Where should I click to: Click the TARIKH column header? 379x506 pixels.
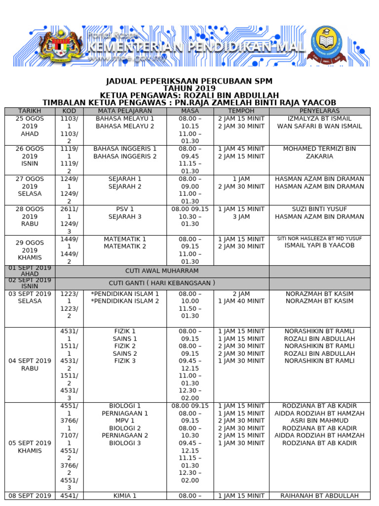[x=30, y=111]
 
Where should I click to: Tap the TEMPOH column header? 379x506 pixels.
[x=242, y=111]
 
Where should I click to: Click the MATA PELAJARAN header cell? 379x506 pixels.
[x=125, y=111]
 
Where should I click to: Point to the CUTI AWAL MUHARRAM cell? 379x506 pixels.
[x=162, y=271]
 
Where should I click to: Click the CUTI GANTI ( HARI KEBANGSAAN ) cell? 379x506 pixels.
[x=162, y=283]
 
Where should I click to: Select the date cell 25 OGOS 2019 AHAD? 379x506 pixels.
[x=30, y=126]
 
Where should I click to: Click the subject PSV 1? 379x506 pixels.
[x=125, y=209]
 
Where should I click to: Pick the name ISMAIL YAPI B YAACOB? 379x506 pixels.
[x=319, y=246]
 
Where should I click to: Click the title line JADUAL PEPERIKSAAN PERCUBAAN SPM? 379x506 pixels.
[x=189, y=81]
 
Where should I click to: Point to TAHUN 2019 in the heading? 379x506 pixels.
[x=189, y=88]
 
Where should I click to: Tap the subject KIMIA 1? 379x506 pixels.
[x=125, y=496]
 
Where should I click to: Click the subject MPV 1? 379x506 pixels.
[x=125, y=421]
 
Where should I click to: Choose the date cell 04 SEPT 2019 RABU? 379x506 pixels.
[x=30, y=365]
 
